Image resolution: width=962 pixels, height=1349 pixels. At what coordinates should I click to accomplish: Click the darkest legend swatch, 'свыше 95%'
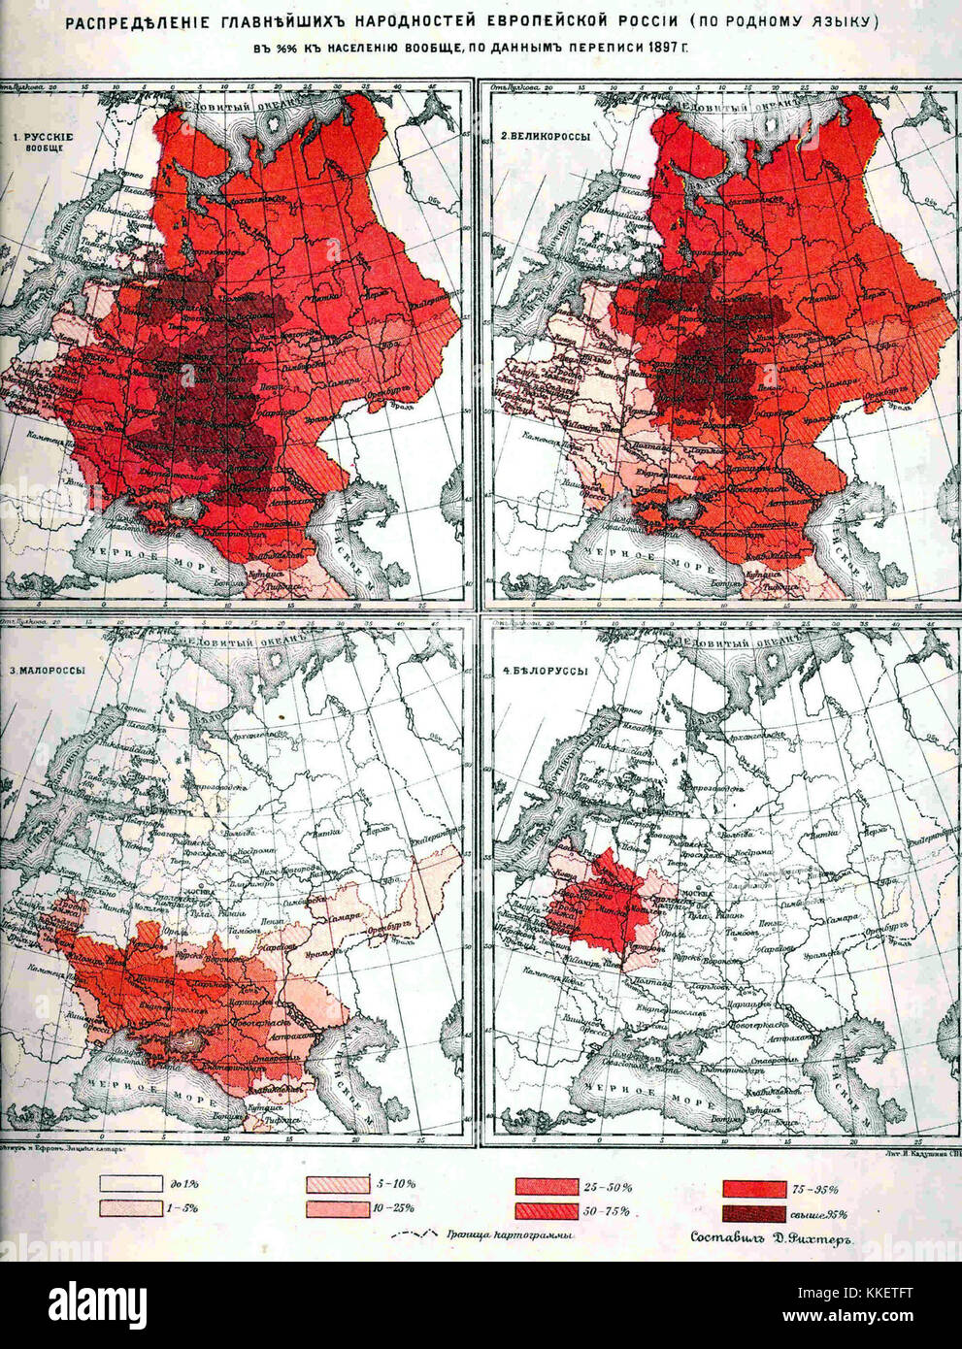[x=752, y=1213]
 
